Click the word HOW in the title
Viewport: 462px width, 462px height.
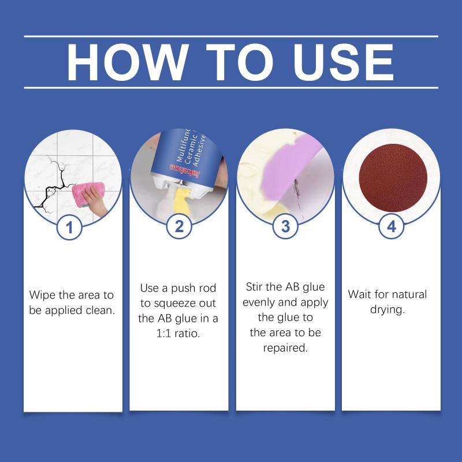(128, 62)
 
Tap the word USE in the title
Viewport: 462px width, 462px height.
(343, 62)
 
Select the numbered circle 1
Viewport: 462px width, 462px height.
(69, 227)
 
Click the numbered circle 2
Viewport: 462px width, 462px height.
(179, 226)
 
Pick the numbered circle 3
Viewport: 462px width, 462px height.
(285, 226)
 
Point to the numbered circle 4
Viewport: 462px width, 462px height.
(391, 226)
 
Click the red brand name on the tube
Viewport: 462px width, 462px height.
(185, 171)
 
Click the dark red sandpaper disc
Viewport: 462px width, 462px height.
(393, 178)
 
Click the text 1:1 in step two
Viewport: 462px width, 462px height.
(163, 333)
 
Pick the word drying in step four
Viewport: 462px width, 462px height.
(386, 310)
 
